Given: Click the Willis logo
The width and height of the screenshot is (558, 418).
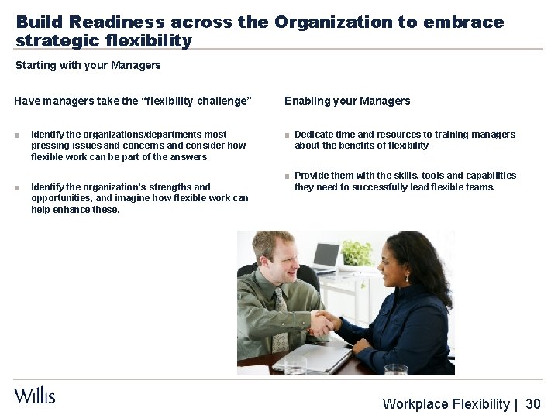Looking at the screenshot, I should point(35,396).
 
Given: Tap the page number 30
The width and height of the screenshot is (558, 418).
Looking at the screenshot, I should point(532,404).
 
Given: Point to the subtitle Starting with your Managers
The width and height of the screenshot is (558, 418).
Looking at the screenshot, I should point(88,66).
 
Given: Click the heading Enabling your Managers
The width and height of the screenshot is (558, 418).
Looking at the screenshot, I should point(347,101).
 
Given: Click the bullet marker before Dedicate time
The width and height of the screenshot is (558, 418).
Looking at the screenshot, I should point(287,135).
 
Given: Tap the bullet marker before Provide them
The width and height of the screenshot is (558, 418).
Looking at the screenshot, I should point(287,176).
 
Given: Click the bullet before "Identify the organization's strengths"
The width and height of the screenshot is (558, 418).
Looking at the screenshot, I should point(17,187).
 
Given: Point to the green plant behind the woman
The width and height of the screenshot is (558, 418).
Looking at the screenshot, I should point(357,252).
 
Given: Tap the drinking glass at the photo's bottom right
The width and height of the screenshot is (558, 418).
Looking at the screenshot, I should point(395,368).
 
